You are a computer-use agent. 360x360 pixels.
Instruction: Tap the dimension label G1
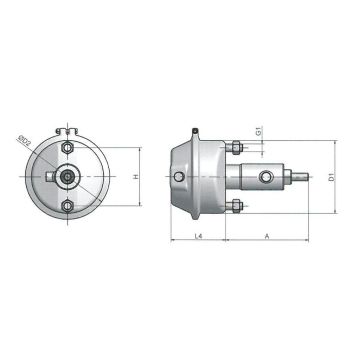pyautogui.click(x=258, y=130)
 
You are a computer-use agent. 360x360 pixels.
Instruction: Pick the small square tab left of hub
pyautogui.click(x=50, y=177)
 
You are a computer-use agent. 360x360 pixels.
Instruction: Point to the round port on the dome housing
pyautogui.click(x=179, y=177)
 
